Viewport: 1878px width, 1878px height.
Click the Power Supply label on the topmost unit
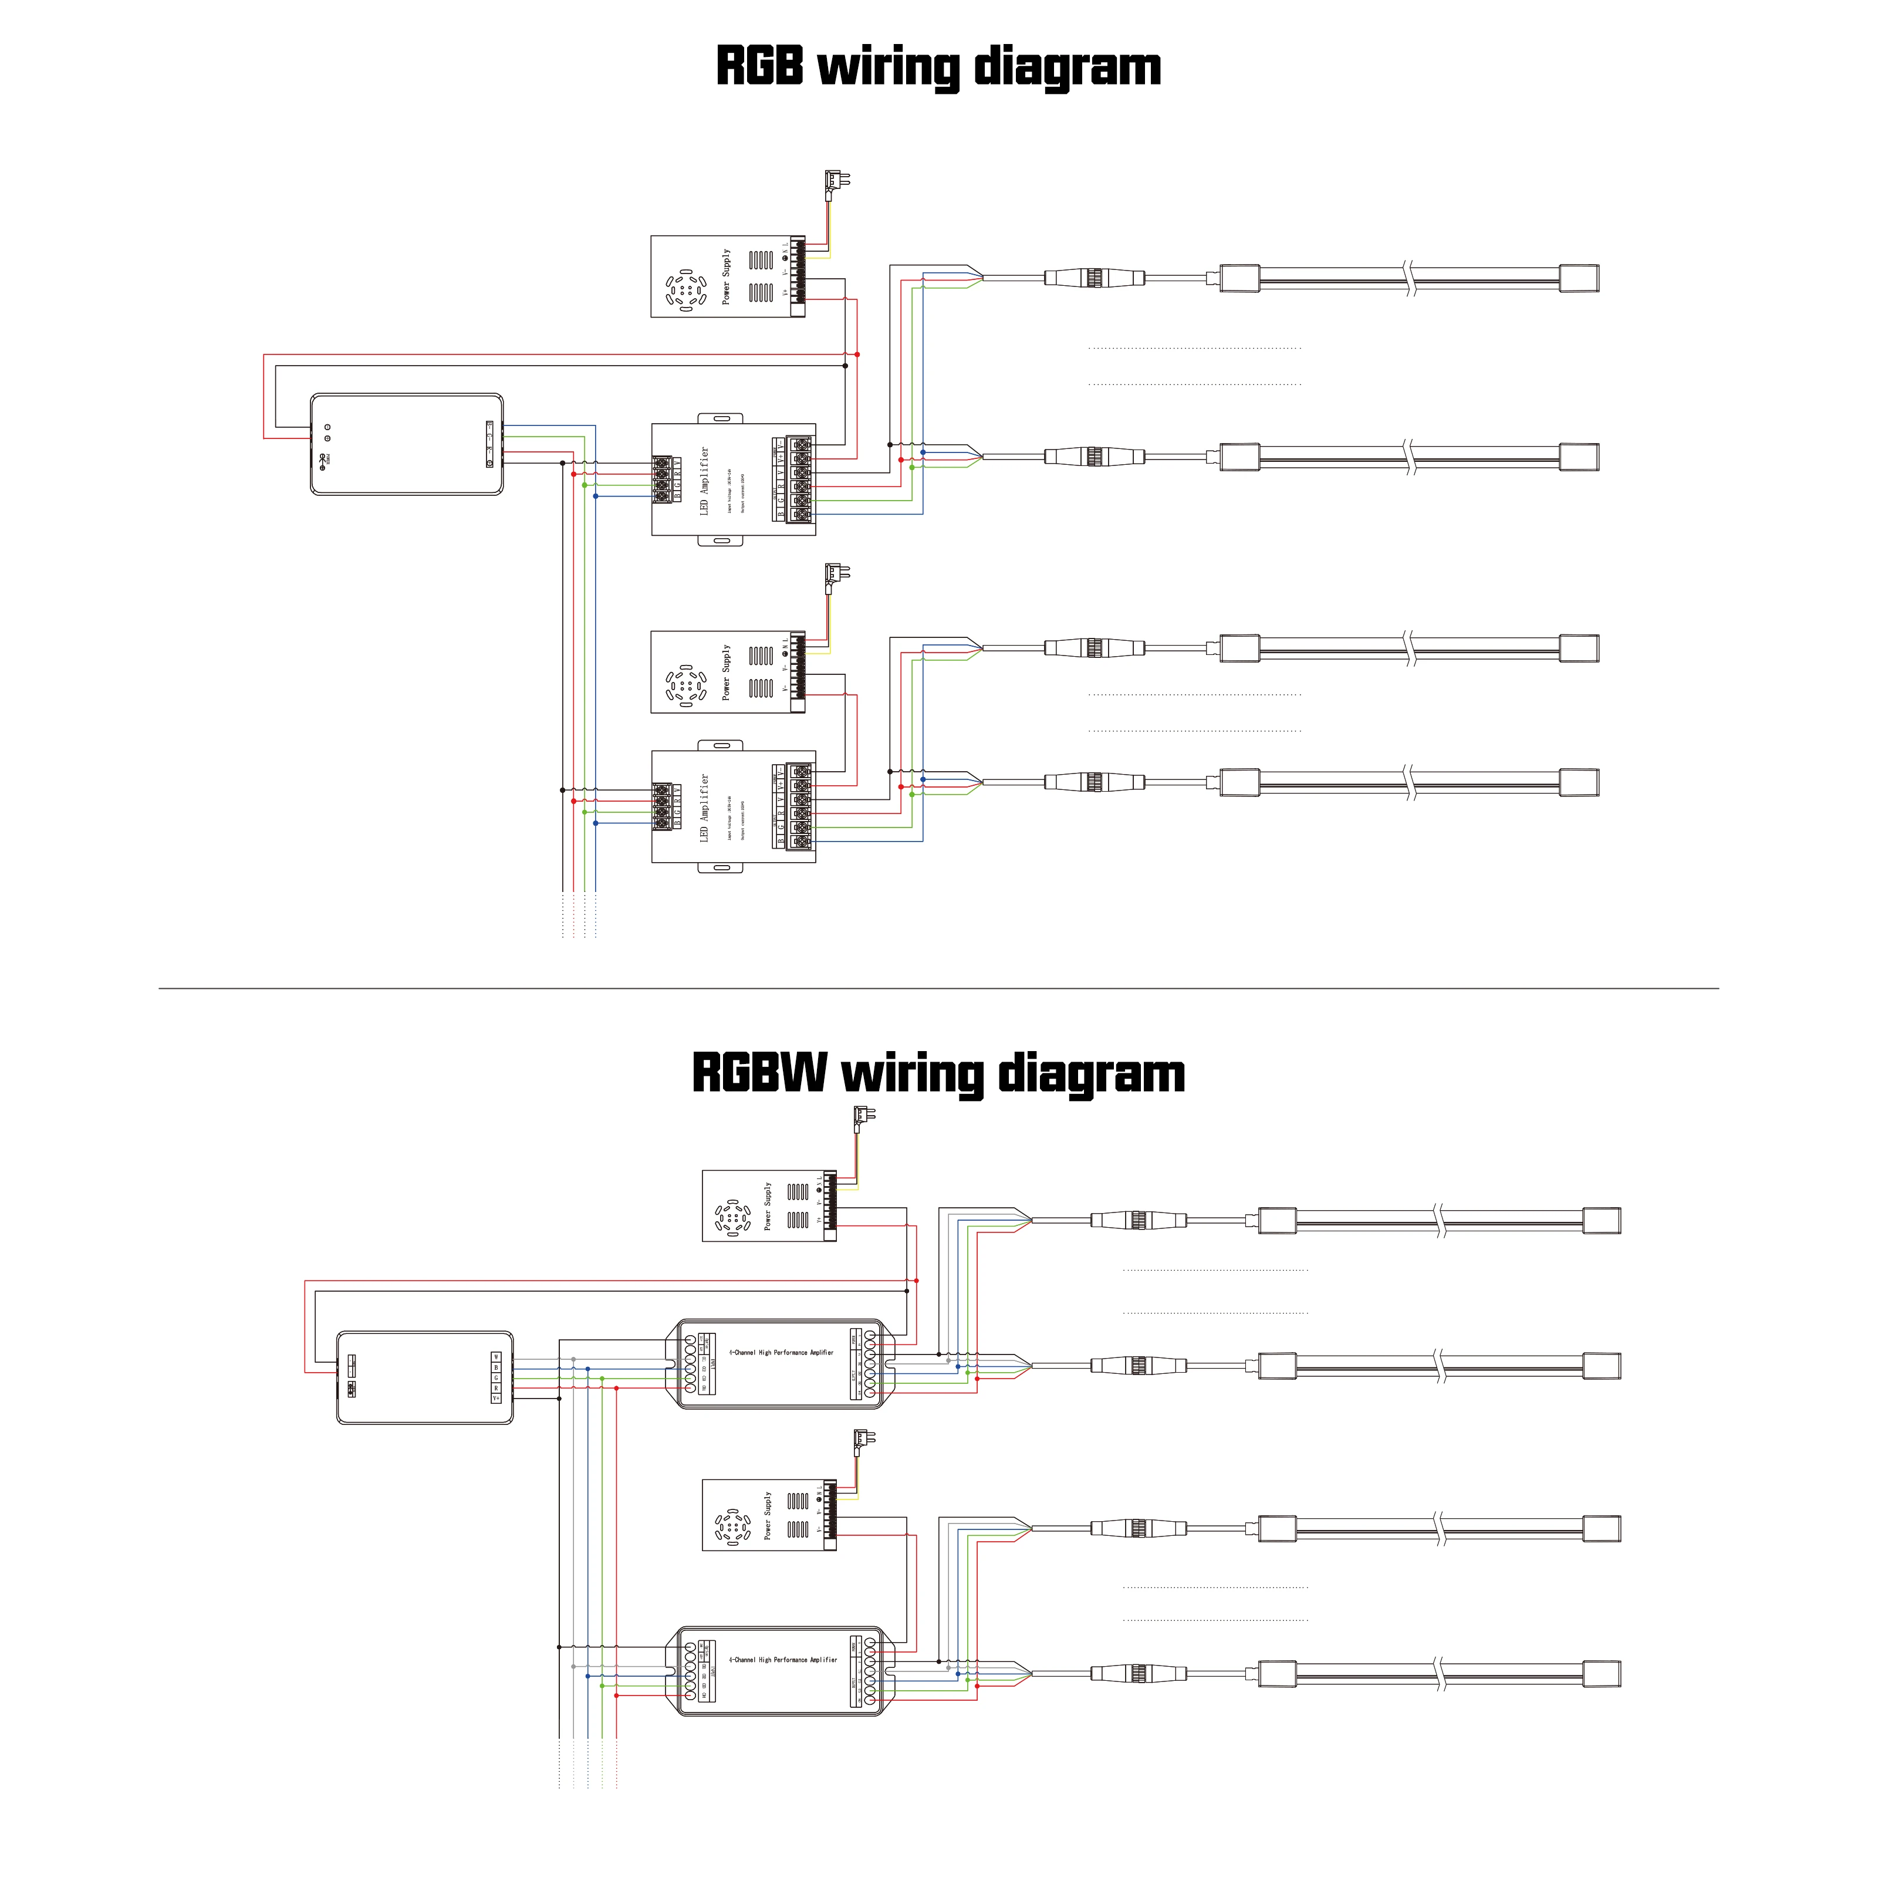[725, 277]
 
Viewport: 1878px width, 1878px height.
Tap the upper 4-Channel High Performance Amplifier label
[782, 1352]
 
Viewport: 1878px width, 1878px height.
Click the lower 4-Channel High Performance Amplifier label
[783, 1659]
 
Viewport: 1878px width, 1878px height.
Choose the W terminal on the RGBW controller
[496, 1356]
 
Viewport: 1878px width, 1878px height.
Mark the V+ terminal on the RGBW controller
[496, 1399]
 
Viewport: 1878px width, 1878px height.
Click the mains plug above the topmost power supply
[836, 182]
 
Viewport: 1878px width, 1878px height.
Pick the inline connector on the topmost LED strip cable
[1095, 278]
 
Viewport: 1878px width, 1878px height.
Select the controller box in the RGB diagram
[406, 444]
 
